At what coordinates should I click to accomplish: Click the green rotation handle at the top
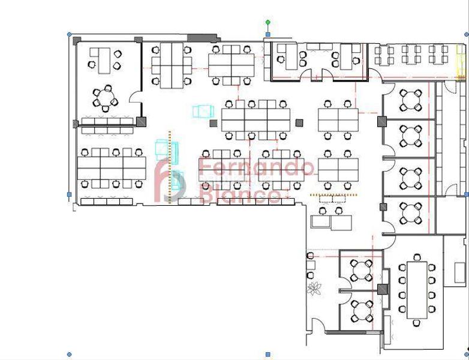[268, 22]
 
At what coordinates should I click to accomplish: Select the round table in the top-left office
[106, 96]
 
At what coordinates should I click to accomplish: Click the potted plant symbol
[314, 289]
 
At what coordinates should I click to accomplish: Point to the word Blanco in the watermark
[239, 195]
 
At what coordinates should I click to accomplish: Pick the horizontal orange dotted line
[333, 195]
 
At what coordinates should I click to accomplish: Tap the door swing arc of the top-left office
[136, 96]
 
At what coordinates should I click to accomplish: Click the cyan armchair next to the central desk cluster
[203, 111]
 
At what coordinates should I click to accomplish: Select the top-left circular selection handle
[69, 35]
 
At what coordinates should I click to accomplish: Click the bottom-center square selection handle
[268, 355]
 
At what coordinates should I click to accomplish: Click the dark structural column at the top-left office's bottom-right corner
[142, 122]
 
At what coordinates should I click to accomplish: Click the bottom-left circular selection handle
[69, 355]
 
